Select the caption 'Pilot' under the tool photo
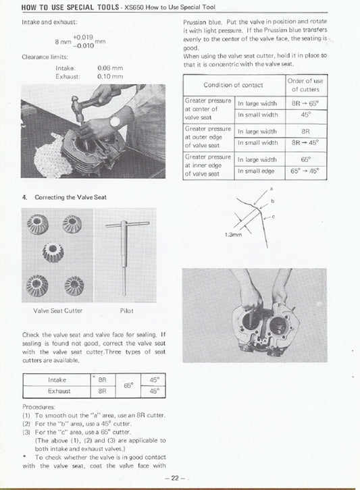[x=126, y=311]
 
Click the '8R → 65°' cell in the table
[x=305, y=103]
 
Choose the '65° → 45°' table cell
[x=305, y=171]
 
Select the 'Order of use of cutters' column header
[x=306, y=85]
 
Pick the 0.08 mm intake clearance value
[x=109, y=68]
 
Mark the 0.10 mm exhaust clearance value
[x=109, y=76]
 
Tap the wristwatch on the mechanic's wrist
[x=115, y=121]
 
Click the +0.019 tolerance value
[x=82, y=37]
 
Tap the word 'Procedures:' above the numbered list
[x=38, y=407]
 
